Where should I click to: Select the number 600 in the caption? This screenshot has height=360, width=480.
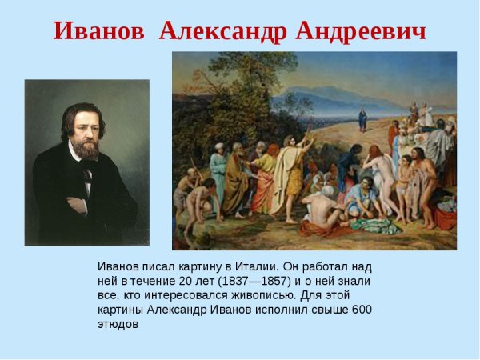pos(362,310)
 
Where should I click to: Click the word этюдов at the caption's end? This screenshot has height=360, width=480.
pos(118,325)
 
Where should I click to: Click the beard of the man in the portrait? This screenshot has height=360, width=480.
pos(85,150)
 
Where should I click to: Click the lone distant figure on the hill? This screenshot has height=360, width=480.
pos(362,120)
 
